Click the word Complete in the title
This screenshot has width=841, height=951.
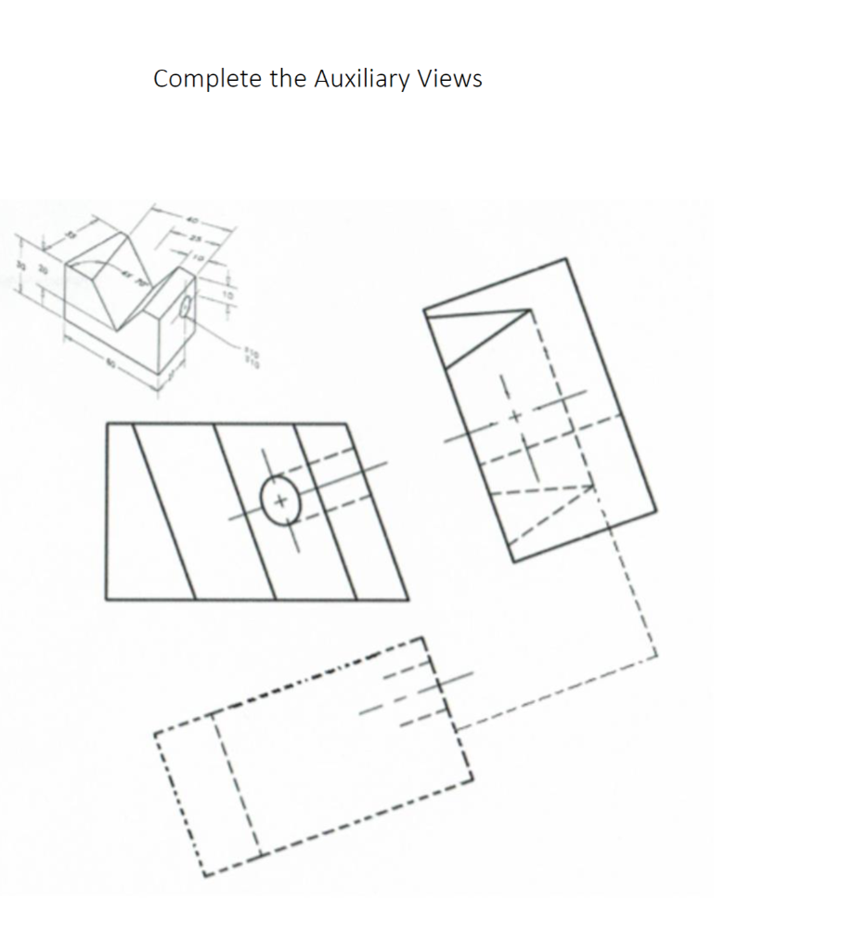coord(208,79)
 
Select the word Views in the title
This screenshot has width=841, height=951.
coord(449,79)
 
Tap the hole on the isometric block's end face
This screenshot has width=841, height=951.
coord(185,306)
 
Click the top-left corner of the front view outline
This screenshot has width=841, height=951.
coord(108,424)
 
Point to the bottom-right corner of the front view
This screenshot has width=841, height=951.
coord(408,598)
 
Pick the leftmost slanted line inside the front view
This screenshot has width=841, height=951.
coord(163,511)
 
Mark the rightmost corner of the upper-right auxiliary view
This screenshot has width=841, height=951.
coord(656,510)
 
